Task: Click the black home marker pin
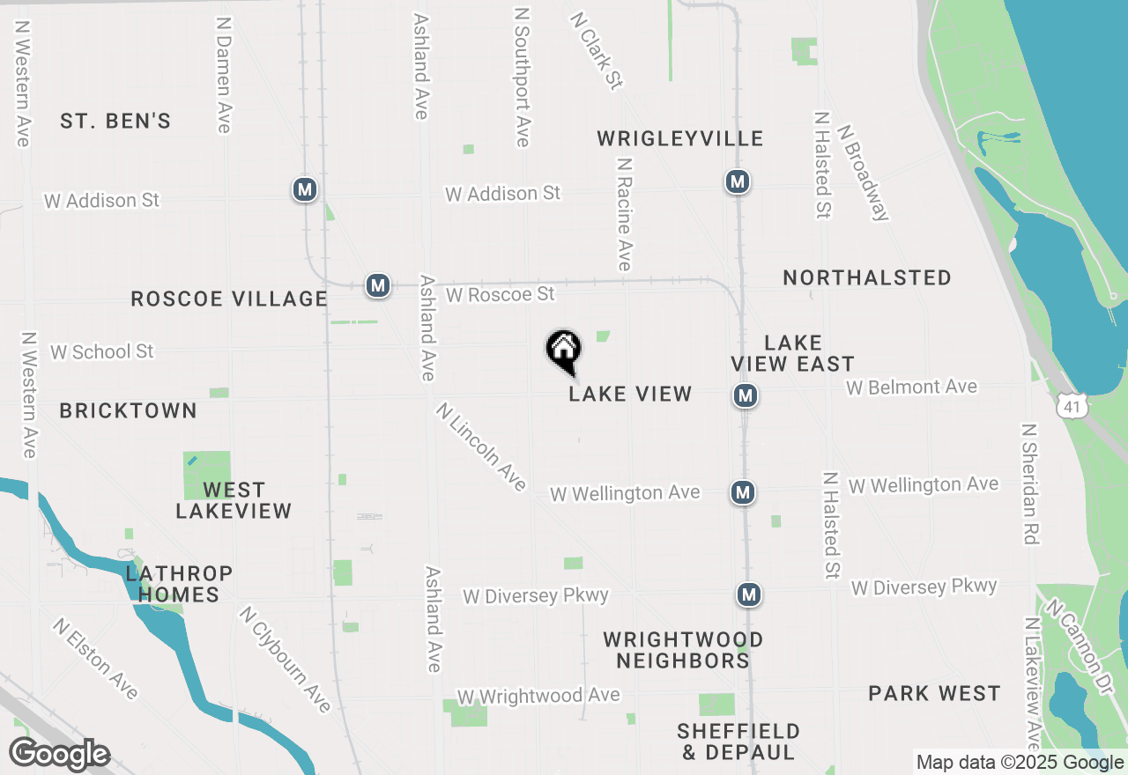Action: click(564, 351)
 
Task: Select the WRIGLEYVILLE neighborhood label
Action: click(679, 138)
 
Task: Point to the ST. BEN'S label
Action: click(115, 122)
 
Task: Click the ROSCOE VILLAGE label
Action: click(229, 299)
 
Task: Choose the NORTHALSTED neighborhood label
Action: click(867, 278)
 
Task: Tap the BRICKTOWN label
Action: click(129, 411)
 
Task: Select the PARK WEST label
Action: click(934, 694)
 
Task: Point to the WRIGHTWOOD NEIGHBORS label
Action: click(683, 650)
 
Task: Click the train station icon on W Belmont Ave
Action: click(746, 396)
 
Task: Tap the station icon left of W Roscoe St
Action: click(378, 286)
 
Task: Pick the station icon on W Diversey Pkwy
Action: click(749, 594)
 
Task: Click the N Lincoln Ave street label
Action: click(481, 447)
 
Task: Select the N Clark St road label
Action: click(597, 50)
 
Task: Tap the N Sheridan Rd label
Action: click(1029, 483)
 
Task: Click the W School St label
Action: click(102, 352)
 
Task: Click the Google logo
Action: click(59, 755)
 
